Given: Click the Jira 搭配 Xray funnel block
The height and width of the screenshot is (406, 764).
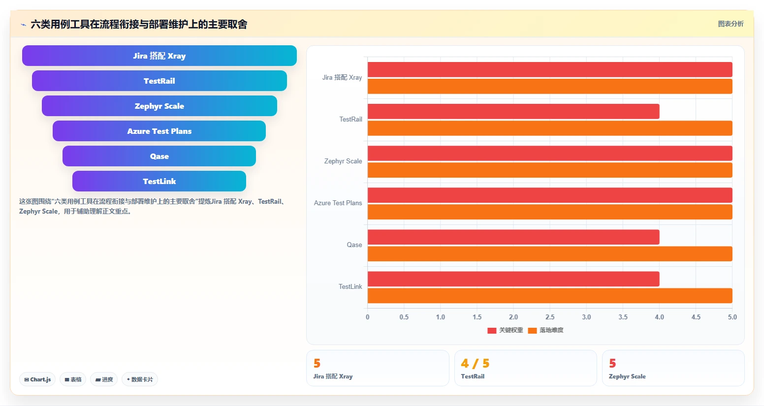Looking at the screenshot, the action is point(159,56).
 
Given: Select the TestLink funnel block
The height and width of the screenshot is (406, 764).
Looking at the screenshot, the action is point(159,181).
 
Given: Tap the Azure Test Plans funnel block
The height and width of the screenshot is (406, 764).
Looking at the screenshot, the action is point(159,131).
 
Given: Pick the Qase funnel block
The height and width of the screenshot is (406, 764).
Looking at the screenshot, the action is point(159,156).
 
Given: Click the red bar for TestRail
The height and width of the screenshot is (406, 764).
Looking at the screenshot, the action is point(513,112).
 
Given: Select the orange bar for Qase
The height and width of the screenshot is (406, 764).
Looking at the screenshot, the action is point(550,253).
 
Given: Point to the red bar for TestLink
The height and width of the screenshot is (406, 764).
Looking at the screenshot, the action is point(513,279).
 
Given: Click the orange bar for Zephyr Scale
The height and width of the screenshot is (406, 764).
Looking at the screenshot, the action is point(550,170).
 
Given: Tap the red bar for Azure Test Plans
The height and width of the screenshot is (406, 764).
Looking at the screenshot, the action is point(550,195).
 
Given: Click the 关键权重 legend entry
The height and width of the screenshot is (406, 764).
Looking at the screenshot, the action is point(505,330).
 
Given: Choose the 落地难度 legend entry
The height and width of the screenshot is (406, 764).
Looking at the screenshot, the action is point(546,330).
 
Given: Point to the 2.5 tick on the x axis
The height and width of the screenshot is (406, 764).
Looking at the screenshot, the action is point(550,317).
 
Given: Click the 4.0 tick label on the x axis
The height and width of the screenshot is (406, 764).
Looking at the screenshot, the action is point(659,317).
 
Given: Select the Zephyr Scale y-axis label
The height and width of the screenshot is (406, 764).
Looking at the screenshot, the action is point(343,161).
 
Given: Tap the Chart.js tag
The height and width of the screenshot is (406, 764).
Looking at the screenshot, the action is point(37,379).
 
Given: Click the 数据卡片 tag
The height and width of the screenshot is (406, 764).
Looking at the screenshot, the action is point(140,379).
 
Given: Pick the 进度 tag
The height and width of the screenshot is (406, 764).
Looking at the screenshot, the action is point(104,379).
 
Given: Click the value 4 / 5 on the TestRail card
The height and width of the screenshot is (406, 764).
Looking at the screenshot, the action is point(475,363).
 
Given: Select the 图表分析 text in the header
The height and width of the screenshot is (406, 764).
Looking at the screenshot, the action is point(731,24).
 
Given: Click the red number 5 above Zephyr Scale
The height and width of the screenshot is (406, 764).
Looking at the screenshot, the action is point(612,363).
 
